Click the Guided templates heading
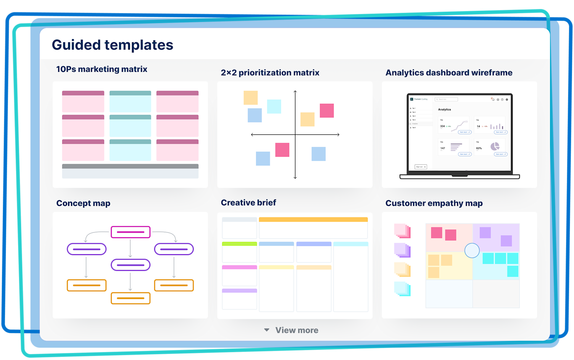tap(112, 45)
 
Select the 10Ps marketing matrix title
tap(102, 69)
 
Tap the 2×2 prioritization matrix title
tap(270, 73)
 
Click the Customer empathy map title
tap(434, 203)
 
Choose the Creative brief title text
tap(248, 202)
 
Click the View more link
tap(297, 330)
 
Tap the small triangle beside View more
tap(266, 330)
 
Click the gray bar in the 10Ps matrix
tap(130, 166)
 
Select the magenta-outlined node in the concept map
tap(130, 232)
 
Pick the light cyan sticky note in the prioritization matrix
tap(274, 106)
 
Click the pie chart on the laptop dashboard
tap(495, 146)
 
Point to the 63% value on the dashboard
tap(479, 148)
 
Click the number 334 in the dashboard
tap(442, 126)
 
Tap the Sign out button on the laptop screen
tap(421, 167)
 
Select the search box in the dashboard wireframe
tap(446, 100)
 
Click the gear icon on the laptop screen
tap(507, 100)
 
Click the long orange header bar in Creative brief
tap(313, 220)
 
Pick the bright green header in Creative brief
tap(239, 244)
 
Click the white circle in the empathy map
tap(472, 250)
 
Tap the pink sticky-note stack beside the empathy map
tap(402, 231)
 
